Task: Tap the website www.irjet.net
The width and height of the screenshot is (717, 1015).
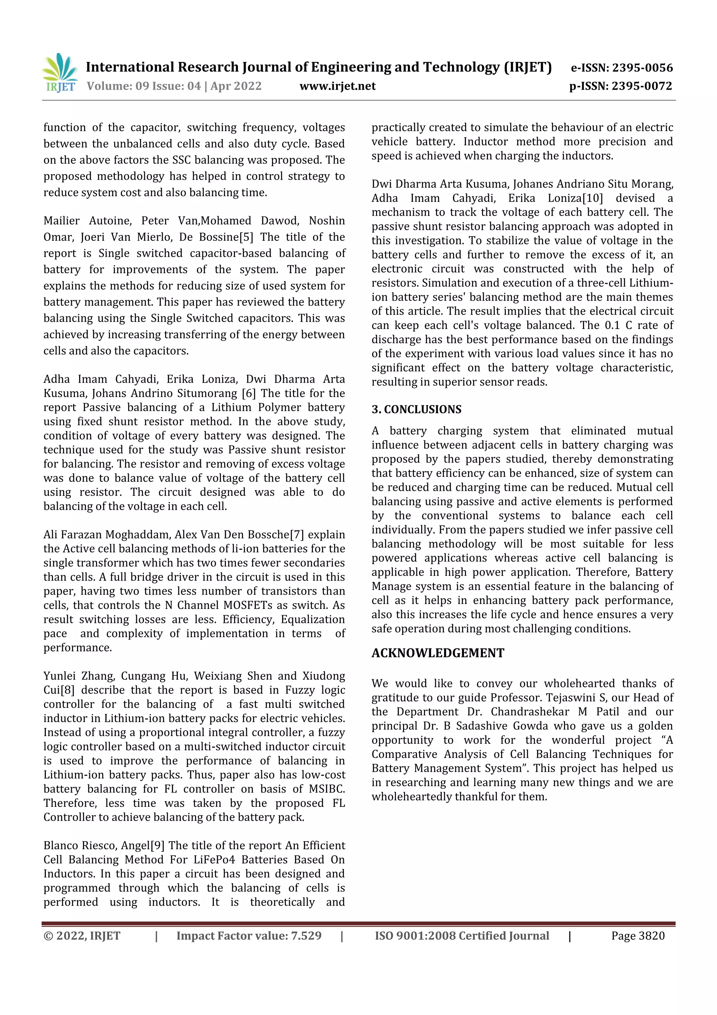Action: click(337, 86)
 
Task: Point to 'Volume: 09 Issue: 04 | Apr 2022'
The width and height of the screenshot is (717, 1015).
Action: click(174, 86)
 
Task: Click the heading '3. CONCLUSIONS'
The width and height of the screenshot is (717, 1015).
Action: click(416, 409)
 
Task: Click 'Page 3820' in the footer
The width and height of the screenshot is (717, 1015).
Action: click(638, 936)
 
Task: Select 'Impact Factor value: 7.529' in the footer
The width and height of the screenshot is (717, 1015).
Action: click(249, 936)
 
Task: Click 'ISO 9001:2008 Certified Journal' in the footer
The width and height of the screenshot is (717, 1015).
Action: click(462, 936)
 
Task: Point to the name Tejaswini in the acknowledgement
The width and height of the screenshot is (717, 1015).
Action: click(570, 698)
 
